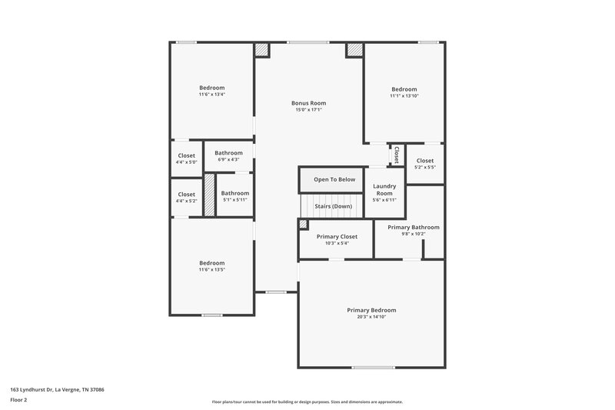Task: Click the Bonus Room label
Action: coord(308,103)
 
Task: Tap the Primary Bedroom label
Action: coord(371,310)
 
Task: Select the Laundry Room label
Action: coord(384,190)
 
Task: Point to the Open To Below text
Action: coord(334,180)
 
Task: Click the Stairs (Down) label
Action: coord(334,206)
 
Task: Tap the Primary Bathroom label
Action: coord(414,227)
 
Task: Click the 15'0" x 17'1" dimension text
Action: coord(308,110)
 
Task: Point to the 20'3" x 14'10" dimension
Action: coord(371,317)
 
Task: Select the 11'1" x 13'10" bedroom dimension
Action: coord(404,96)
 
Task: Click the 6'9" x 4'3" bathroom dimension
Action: coord(228,159)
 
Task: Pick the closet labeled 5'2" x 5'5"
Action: coord(424,167)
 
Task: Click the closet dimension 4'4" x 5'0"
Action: coord(187,162)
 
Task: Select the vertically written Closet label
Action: coord(397,155)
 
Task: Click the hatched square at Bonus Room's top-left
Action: coord(263,49)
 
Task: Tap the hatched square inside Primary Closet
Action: coord(303,225)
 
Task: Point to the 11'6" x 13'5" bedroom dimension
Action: coord(212,270)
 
